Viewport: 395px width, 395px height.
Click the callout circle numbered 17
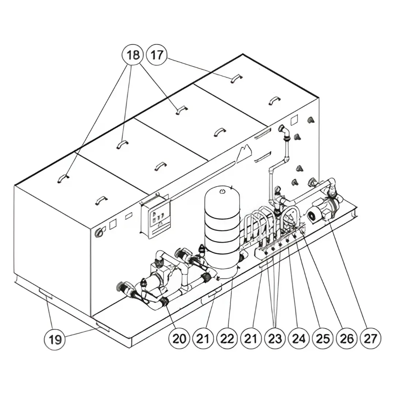157,55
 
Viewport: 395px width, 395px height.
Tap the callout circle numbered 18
133,55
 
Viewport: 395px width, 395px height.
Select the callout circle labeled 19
55,339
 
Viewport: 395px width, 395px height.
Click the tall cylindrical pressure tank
222,230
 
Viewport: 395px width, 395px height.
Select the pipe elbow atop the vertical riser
285,130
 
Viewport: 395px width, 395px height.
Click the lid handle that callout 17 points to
236,79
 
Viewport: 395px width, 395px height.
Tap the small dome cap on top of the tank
222,191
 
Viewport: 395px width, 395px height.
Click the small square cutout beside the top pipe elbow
294,120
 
